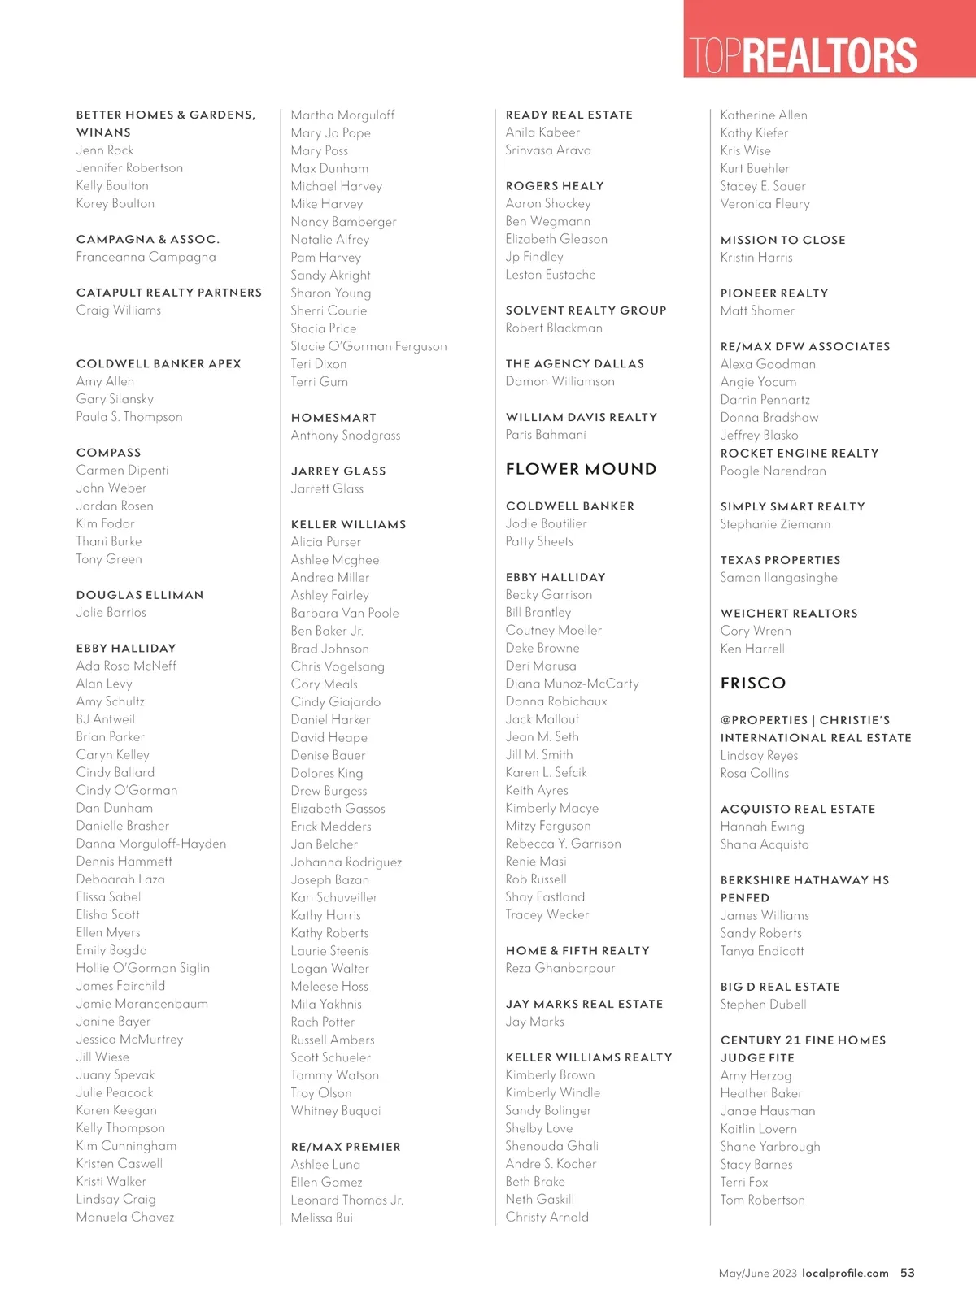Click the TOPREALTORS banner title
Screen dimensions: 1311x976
pos(803,54)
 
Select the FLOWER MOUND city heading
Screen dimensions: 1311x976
pos(581,469)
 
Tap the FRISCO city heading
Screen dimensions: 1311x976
pos(753,683)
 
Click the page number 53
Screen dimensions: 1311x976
pos(907,1273)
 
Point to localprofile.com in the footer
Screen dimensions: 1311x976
pos(845,1273)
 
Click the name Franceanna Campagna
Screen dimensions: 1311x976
pos(146,257)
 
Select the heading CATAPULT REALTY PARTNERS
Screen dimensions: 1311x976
pos(169,293)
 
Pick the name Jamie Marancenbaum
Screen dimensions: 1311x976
pos(142,1004)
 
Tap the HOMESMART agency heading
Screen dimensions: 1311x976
pos(333,418)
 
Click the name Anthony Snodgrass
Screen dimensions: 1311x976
pos(346,436)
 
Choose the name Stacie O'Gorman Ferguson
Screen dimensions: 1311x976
pos(368,346)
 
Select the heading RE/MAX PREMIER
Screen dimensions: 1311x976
pos(346,1147)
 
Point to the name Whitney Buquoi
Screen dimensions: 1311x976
pos(336,1111)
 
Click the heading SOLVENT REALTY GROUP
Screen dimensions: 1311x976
pos(586,310)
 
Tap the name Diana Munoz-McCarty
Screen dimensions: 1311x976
pos(572,684)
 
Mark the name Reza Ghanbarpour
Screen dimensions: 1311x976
pos(560,968)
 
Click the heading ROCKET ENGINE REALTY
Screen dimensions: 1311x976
pos(800,454)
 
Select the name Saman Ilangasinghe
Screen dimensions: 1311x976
pos(778,578)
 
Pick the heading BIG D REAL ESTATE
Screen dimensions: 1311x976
pos(780,987)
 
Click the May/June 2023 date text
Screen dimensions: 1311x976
pos(757,1273)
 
